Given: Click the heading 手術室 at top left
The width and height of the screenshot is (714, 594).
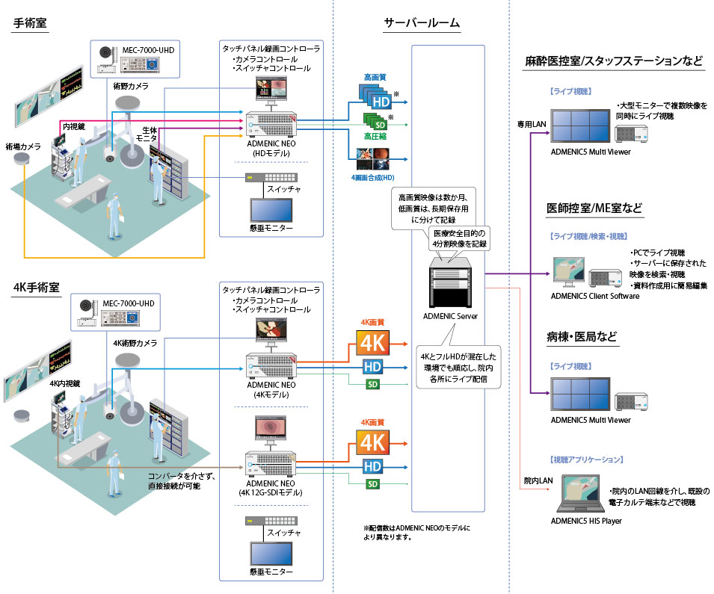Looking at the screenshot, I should (x=30, y=23).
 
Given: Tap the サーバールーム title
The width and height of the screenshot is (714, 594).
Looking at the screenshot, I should (x=421, y=23).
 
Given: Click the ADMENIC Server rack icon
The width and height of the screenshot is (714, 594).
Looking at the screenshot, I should (x=449, y=280).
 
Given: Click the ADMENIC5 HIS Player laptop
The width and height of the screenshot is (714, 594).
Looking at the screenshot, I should (x=585, y=494).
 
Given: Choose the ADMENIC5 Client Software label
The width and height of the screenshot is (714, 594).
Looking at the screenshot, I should (x=595, y=296).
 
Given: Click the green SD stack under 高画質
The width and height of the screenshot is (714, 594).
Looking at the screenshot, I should (x=376, y=120).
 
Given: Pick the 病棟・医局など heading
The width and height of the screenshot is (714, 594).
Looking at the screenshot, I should (x=582, y=336).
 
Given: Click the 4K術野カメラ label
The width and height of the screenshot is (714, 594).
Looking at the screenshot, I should (x=135, y=343).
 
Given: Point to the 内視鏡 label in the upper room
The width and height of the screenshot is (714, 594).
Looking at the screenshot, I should (x=73, y=126).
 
